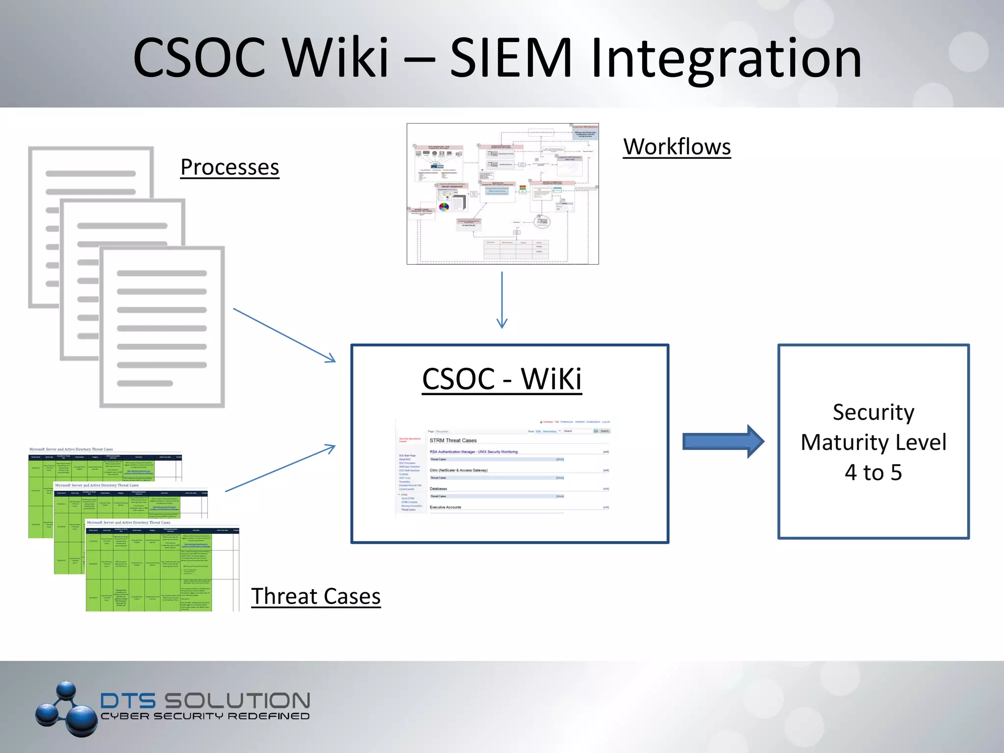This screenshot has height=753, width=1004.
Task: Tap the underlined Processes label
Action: (229, 167)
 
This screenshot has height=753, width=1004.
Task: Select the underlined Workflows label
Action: (677, 147)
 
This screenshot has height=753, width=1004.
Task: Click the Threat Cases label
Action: (316, 596)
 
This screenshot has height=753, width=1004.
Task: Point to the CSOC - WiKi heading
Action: (502, 379)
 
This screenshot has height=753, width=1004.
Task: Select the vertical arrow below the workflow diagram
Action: (502, 300)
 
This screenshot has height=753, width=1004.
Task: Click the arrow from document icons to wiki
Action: (284, 335)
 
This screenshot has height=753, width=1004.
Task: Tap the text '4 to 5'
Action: (873, 473)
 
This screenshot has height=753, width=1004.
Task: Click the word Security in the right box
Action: (873, 412)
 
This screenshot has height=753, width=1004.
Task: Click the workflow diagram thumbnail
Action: (502, 194)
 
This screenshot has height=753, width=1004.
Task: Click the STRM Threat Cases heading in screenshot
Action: (453, 440)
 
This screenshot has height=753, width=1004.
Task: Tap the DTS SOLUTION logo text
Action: (205, 701)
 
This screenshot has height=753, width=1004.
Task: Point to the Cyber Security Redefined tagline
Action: (205, 716)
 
